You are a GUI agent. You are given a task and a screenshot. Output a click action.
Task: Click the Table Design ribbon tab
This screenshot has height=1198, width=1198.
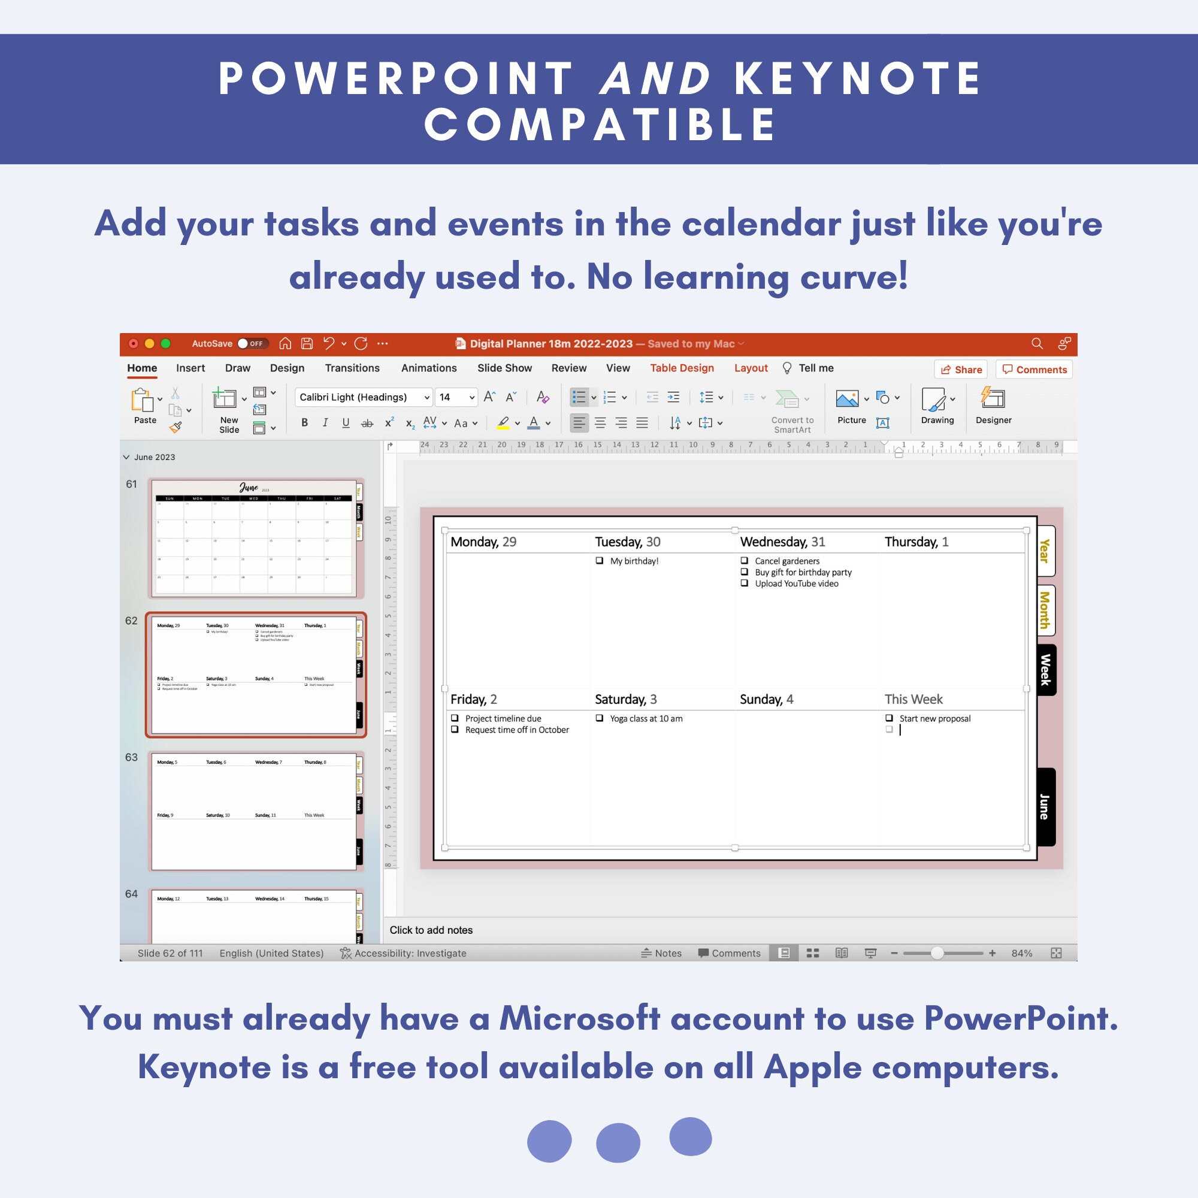pyautogui.click(x=682, y=368)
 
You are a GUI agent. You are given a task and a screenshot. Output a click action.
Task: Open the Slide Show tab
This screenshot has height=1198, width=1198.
pyautogui.click(x=504, y=368)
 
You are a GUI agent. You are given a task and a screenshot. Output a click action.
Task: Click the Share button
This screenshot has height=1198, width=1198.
pyautogui.click(x=961, y=370)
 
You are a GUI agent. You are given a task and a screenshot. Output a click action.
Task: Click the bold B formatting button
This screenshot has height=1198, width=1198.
pyautogui.click(x=304, y=423)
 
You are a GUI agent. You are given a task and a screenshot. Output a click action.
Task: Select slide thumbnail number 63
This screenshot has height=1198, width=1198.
pyautogui.click(x=254, y=810)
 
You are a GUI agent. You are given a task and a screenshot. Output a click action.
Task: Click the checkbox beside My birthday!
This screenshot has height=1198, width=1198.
pyautogui.click(x=600, y=561)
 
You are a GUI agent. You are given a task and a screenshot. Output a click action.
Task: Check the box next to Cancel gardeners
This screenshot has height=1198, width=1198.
pyautogui.click(x=744, y=561)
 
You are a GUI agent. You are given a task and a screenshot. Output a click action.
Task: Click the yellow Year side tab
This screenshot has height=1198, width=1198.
pyautogui.click(x=1045, y=550)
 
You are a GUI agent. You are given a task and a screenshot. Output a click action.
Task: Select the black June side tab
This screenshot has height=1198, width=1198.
pyautogui.click(x=1045, y=806)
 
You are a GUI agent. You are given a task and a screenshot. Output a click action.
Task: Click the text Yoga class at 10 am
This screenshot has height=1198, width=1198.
pyautogui.click(x=646, y=719)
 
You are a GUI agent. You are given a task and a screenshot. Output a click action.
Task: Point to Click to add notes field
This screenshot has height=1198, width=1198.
pyautogui.click(x=431, y=930)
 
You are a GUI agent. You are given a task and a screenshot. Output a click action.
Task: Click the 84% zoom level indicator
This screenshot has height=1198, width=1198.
pyautogui.click(x=1021, y=953)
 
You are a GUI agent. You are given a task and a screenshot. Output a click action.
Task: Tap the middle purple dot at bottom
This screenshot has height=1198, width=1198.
pyautogui.click(x=618, y=1142)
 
